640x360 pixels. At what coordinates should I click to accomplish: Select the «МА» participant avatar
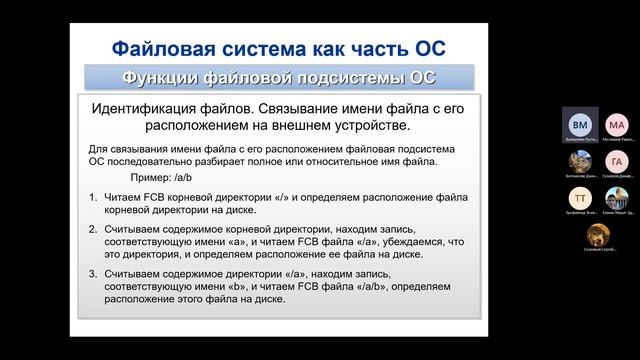point(616,125)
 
